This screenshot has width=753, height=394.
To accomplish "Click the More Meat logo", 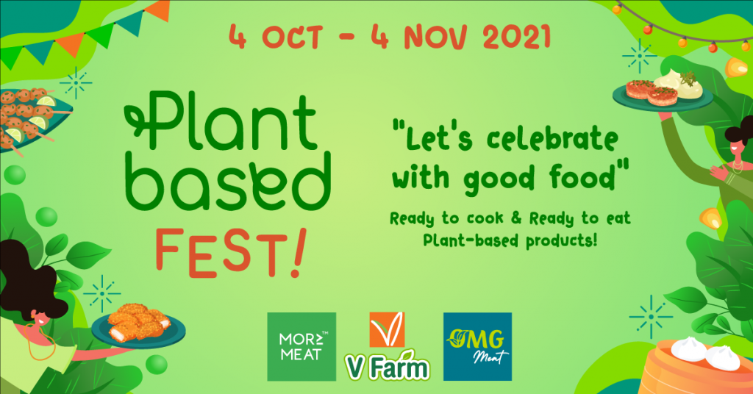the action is pyautogui.click(x=301, y=346).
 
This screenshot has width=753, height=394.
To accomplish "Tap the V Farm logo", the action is pyautogui.click(x=387, y=345).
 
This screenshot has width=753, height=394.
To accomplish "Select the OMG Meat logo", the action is pyautogui.click(x=477, y=346).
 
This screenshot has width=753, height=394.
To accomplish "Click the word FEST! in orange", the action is pyautogui.click(x=230, y=253).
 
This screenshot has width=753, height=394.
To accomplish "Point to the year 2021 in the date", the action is pyautogui.click(x=517, y=37).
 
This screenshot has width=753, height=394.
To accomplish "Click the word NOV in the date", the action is pyautogui.click(x=435, y=37).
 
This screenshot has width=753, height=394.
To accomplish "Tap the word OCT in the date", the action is pyautogui.click(x=291, y=37).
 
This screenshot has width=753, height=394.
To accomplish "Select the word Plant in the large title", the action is pyautogui.click(x=221, y=121).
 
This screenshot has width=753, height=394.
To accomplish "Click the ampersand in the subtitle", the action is pyautogui.click(x=515, y=218).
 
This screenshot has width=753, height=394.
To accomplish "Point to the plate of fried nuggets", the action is pyautogui.click(x=138, y=327).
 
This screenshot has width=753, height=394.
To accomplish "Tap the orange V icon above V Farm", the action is pyautogui.click(x=387, y=329).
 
